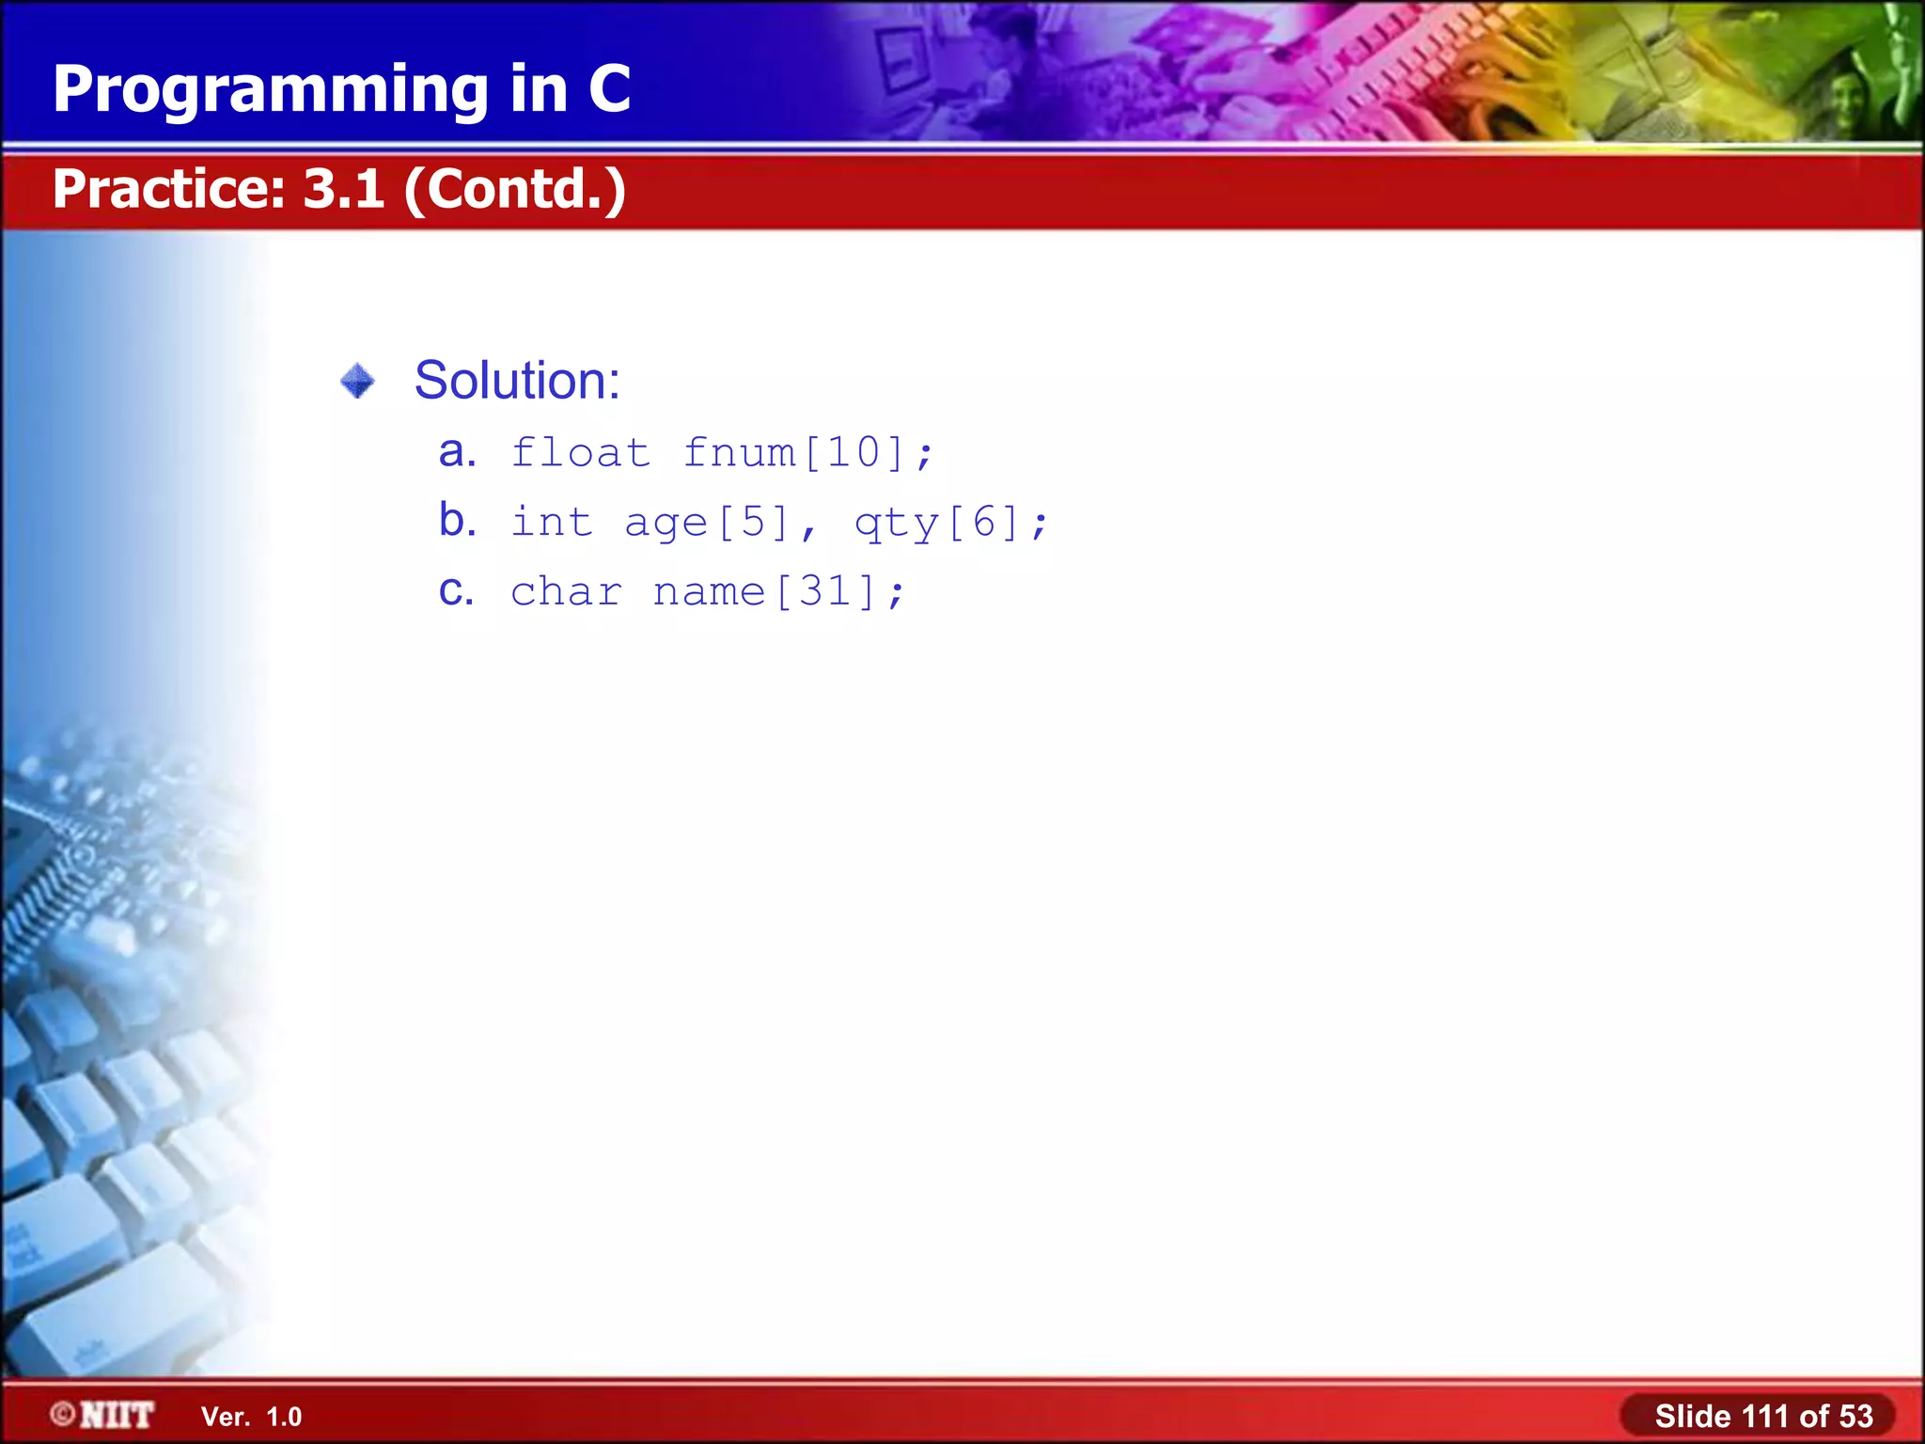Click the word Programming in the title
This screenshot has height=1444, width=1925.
click(271, 90)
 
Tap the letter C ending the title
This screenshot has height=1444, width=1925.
click(609, 88)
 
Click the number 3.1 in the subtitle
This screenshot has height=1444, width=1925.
click(344, 188)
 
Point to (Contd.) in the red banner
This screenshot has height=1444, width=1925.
click(515, 190)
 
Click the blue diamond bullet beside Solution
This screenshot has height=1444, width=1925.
click(357, 381)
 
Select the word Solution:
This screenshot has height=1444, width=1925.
click(517, 381)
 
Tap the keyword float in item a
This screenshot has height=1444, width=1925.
click(580, 452)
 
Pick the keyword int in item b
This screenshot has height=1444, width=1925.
click(552, 522)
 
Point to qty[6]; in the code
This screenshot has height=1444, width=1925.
click(950, 523)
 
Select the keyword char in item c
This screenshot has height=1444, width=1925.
click(566, 591)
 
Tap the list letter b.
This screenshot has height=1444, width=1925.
click(457, 520)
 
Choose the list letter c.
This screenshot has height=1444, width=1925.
click(456, 590)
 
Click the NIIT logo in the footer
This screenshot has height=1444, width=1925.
click(103, 1415)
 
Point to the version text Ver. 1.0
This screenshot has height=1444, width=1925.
click(251, 1417)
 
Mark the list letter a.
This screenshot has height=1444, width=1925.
click(456, 452)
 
